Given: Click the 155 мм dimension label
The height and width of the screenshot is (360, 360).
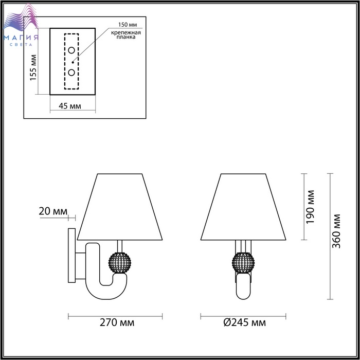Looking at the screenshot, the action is coord(33,67).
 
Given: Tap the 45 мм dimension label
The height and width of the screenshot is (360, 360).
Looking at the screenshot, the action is coord(70,106).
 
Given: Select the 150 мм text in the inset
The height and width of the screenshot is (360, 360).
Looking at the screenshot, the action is coord(128,25).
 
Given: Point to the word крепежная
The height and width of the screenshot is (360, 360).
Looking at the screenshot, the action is coord(126,32).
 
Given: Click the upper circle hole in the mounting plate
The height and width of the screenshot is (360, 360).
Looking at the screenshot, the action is coord(71,50).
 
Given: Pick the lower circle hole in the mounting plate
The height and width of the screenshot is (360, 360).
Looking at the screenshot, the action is coord(71,73).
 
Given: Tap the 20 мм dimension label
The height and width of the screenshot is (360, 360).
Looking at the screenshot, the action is coord(53,211).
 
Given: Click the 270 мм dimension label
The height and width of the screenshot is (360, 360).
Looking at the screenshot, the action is coord(117,322).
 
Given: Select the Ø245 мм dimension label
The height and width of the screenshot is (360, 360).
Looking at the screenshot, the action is coord(244,322).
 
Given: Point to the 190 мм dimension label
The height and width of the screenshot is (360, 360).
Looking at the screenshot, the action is coord(310,207).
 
